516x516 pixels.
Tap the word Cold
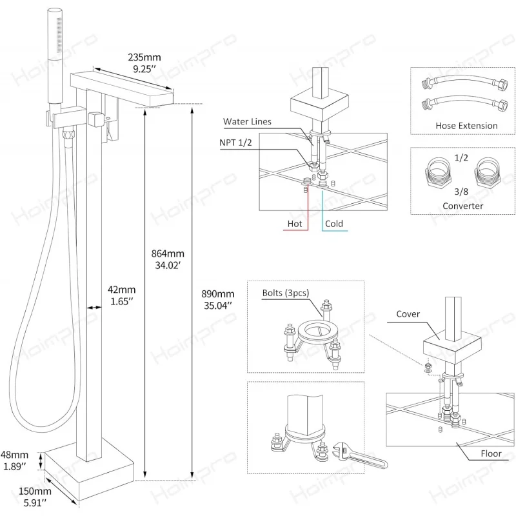click(333, 224)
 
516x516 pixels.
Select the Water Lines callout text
click(247, 122)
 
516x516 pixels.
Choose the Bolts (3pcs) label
click(285, 292)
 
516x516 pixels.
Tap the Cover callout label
click(408, 314)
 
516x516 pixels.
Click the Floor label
click(491, 453)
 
